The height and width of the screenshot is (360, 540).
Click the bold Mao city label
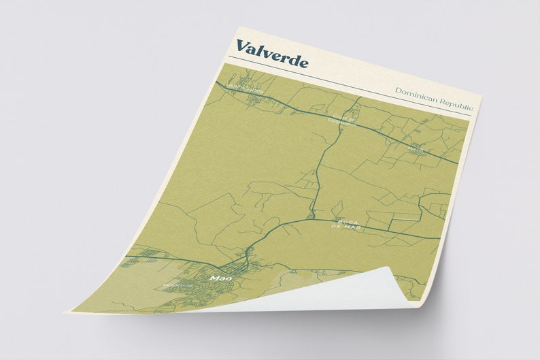[x=217, y=278]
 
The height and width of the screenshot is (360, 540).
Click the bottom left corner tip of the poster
[x=67, y=312]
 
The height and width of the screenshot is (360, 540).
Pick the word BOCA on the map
[x=347, y=220]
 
